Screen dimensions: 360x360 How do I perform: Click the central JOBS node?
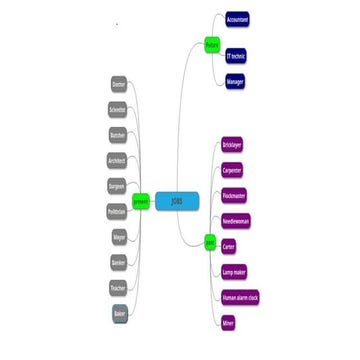pyautogui.click(x=176, y=200)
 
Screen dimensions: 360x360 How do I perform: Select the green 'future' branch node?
pyautogui.click(x=212, y=45)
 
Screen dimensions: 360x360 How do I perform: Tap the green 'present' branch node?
pyautogui.click(x=140, y=200)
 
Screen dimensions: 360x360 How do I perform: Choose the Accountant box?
pyautogui.click(x=238, y=19)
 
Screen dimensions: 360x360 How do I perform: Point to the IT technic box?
pyautogui.click(x=237, y=55)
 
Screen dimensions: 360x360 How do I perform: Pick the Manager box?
pyautogui.click(x=235, y=81)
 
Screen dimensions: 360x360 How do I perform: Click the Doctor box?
pyautogui.click(x=119, y=85)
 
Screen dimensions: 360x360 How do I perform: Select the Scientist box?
pyautogui.click(x=118, y=110)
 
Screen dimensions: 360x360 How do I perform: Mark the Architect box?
pyautogui.click(x=117, y=160)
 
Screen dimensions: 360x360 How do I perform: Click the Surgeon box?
pyautogui.click(x=117, y=186)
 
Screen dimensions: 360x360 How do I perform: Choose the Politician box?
pyautogui.click(x=116, y=211)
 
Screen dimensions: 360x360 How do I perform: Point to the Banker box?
pyautogui.click(x=118, y=262)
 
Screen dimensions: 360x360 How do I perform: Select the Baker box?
pyautogui.click(x=119, y=314)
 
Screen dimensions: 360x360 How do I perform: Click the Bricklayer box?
pyautogui.click(x=233, y=144)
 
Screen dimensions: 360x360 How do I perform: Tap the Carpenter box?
pyautogui.click(x=232, y=169)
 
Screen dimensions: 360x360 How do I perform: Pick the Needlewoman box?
pyautogui.click(x=236, y=220)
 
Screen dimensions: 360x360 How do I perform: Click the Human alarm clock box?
pyautogui.click(x=240, y=297)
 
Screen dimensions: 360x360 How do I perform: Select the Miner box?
pyautogui.click(x=229, y=322)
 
